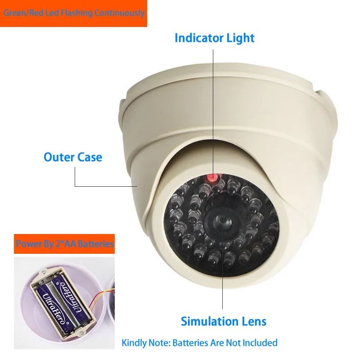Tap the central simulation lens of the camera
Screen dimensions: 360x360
click(219, 221)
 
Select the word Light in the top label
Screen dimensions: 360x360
click(242, 38)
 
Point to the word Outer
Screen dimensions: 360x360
click(59, 157)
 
